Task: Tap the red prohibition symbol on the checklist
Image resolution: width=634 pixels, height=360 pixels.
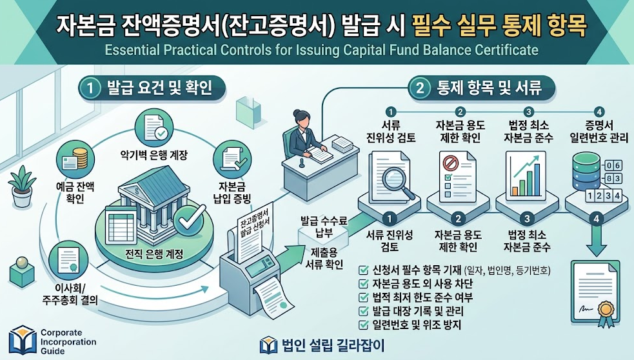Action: coord(450,163)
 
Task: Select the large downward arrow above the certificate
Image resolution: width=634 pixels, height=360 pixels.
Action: coord(597,241)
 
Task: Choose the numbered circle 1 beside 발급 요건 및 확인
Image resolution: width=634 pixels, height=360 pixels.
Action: coord(90,88)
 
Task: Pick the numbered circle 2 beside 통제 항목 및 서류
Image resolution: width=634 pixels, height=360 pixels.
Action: coord(420,88)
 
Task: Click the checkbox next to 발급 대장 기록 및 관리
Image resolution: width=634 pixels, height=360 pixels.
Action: coord(364,311)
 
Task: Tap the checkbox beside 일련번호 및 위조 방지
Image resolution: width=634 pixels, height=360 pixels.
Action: coord(364,325)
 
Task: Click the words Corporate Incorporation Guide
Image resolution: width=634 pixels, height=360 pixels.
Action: coord(68,342)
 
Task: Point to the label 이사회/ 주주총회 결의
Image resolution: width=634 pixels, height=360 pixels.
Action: coord(70,294)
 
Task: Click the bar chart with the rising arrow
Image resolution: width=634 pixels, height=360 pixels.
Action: coord(526,176)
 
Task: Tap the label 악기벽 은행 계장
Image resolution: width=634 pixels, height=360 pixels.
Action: coord(154,155)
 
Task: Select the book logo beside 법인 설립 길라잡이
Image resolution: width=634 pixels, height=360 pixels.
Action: coord(269,345)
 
